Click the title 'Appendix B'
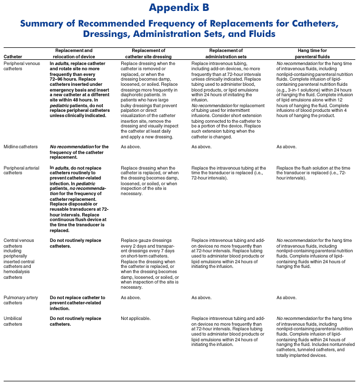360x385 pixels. pyautogui.click(x=179, y=8)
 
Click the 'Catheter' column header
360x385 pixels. pyautogui.click(x=12, y=56)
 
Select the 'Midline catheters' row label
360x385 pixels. pyautogui.click(x=21, y=147)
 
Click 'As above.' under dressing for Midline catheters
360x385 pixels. pyautogui.click(x=131, y=147)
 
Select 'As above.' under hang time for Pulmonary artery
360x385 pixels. pyautogui.click(x=286, y=298)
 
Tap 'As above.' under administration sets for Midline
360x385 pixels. pyautogui.click(x=201, y=147)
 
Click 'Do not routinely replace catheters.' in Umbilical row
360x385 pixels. pyautogui.click(x=75, y=321)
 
